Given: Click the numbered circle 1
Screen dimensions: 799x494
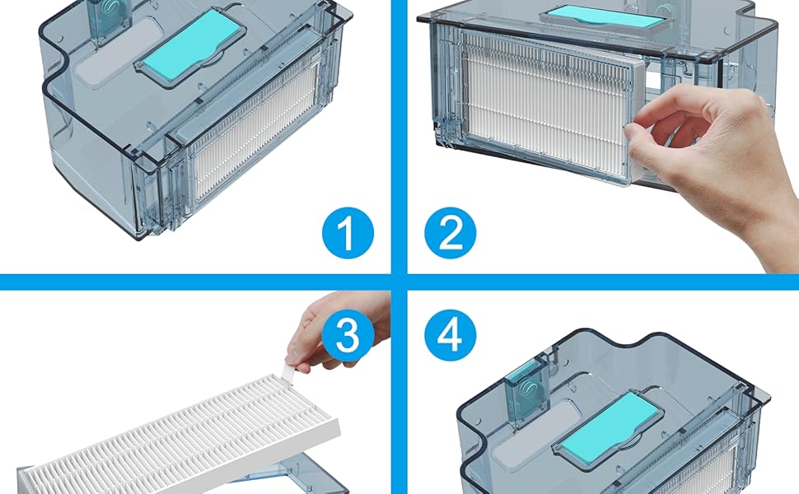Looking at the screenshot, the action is [348, 233].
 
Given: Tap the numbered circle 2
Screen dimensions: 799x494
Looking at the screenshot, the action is [451, 233].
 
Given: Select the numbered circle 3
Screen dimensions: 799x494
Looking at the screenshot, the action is [348, 335].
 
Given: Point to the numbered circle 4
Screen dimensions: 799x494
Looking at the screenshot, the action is [451, 335].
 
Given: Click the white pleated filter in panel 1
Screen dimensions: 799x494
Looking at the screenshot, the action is [255, 135].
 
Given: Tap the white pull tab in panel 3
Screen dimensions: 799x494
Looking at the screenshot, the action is [288, 370].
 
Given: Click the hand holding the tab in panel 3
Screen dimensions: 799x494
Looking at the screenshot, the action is [336, 331].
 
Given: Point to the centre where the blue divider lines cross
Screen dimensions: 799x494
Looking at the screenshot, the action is [399, 282].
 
